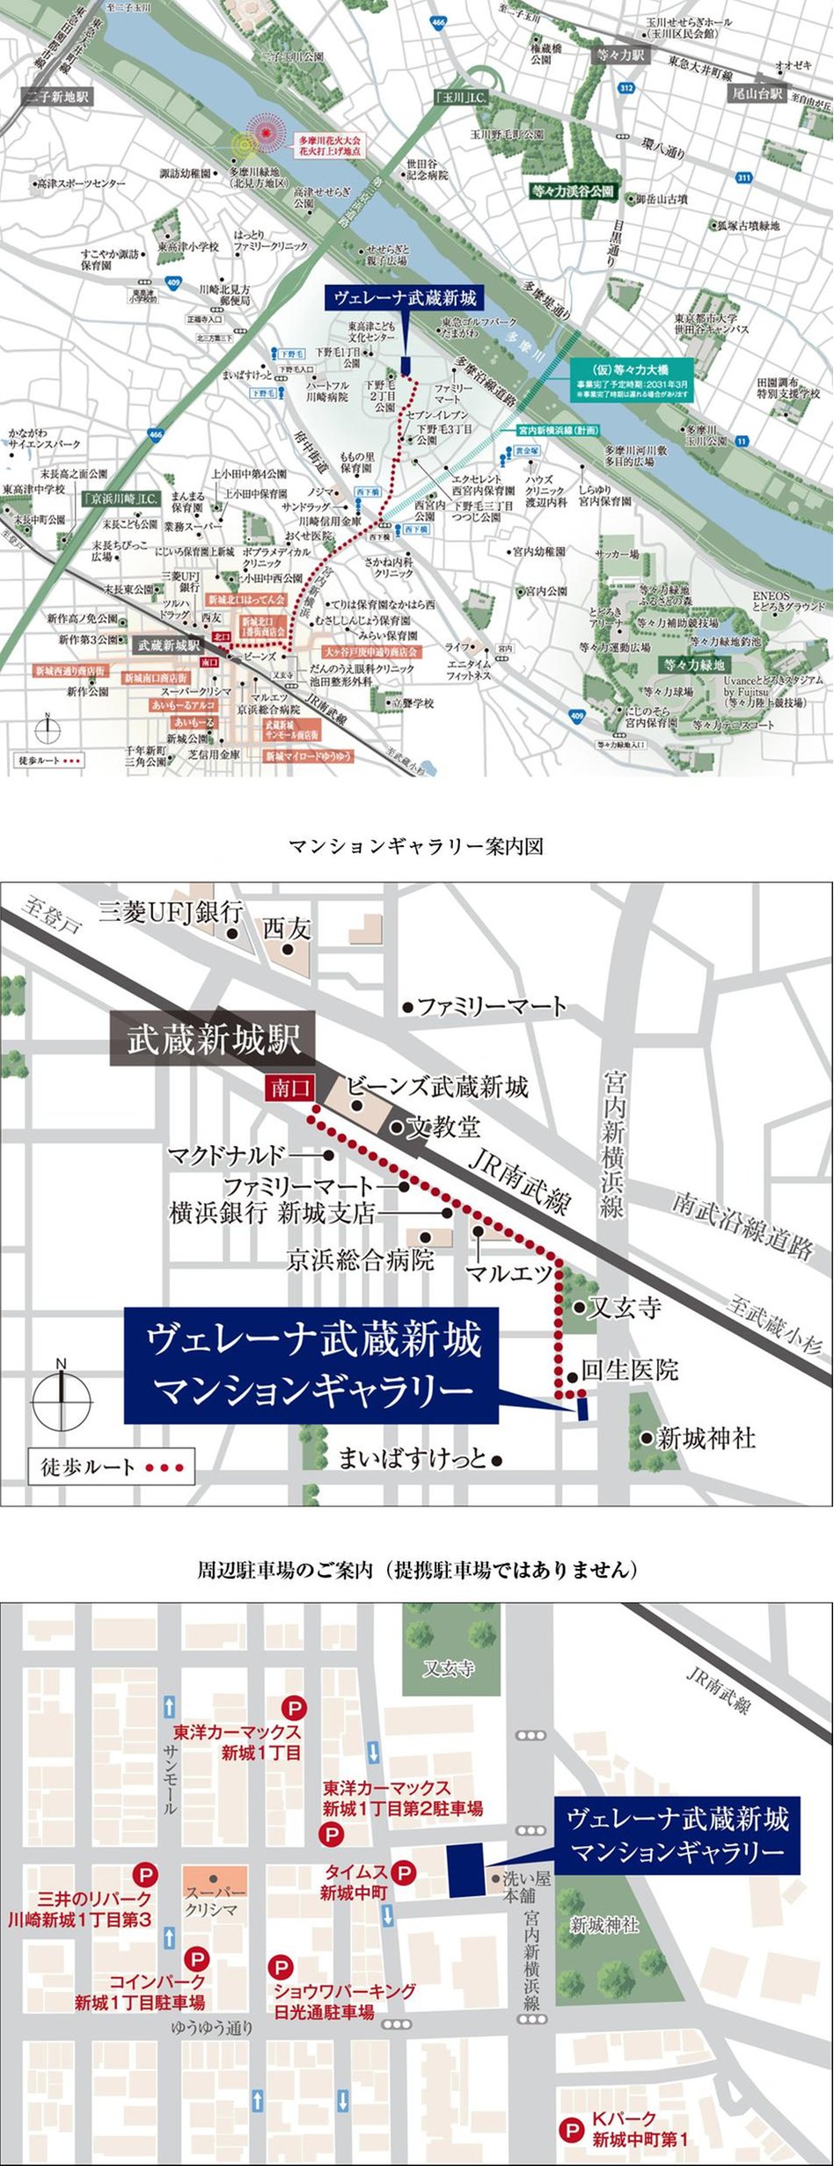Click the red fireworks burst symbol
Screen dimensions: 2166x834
click(x=267, y=134)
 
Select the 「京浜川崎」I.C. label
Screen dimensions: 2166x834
click(x=121, y=499)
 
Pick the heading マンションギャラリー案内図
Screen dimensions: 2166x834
click(x=416, y=846)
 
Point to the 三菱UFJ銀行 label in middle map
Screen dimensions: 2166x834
click(x=170, y=911)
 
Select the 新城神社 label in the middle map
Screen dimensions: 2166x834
click(x=706, y=1439)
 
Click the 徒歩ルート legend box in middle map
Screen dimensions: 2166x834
click(x=112, y=1467)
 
